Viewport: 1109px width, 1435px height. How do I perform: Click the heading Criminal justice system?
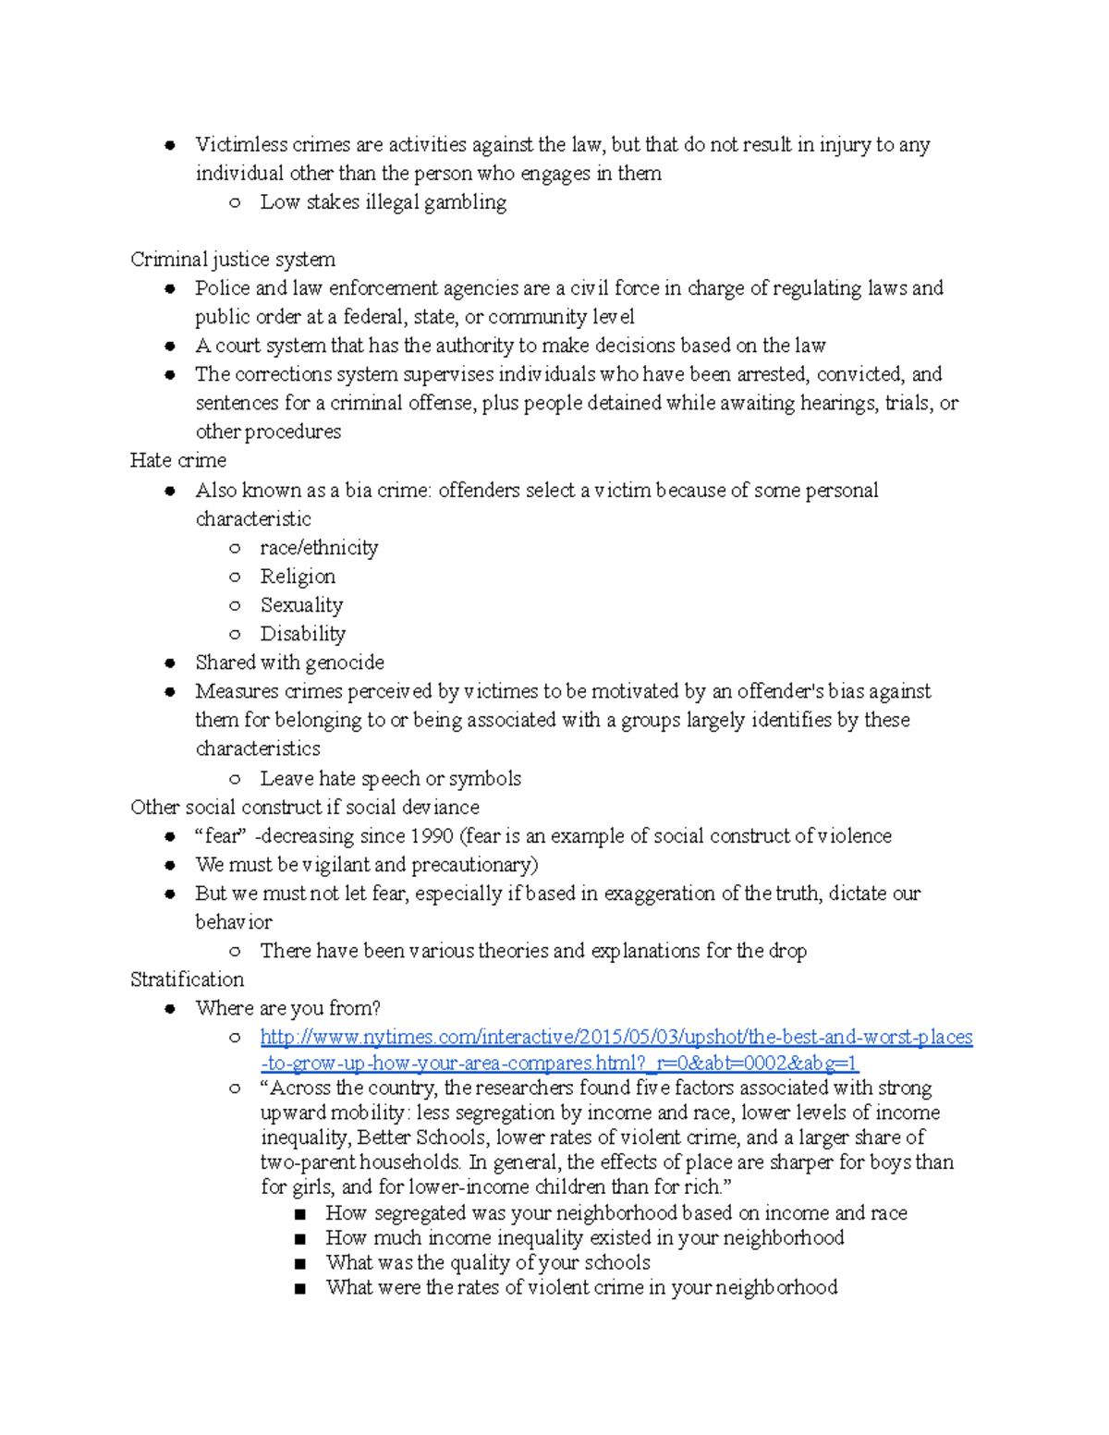click(232, 260)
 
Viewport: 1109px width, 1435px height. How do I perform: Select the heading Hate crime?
click(177, 460)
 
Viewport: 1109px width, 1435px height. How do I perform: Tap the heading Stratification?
click(187, 979)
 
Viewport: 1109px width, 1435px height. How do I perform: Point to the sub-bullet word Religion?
click(298, 577)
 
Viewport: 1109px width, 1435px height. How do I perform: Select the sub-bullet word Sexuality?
click(301, 605)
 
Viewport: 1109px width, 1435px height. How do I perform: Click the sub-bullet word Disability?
click(302, 634)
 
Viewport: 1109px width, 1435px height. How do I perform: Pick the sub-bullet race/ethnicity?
click(319, 548)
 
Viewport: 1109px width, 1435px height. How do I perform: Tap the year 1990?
click(432, 836)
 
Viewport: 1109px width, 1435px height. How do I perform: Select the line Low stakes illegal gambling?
click(383, 202)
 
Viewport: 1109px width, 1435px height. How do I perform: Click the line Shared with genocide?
click(289, 663)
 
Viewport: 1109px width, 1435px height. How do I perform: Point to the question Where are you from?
click(287, 1008)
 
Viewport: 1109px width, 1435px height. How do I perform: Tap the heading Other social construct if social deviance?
click(305, 808)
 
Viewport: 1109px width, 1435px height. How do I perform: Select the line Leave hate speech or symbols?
click(390, 779)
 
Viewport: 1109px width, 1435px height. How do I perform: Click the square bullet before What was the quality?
click(299, 1263)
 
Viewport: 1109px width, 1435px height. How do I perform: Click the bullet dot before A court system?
click(170, 347)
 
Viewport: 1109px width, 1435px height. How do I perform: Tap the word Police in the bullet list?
click(222, 288)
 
